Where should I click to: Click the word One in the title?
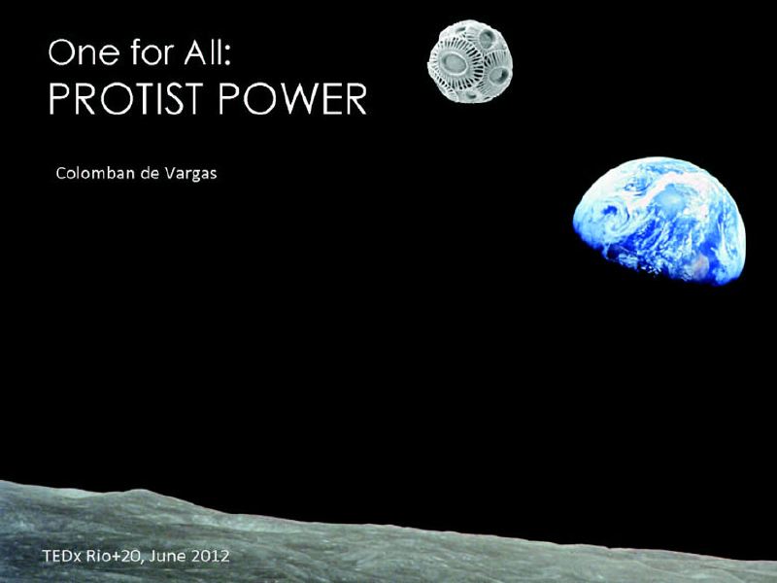[84, 52]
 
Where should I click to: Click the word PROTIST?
[127, 98]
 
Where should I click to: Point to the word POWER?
[292, 98]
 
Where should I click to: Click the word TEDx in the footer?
[62, 556]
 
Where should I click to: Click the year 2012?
[210, 556]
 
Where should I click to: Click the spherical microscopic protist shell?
[470, 61]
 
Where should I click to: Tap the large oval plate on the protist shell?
[454, 62]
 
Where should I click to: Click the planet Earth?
[659, 221]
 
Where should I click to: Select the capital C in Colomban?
[61, 173]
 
